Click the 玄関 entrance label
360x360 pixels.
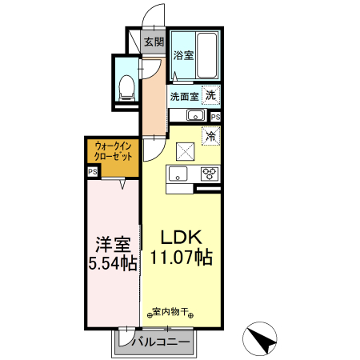point(154,42)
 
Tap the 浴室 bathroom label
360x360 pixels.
point(183,55)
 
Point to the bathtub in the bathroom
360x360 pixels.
point(207,54)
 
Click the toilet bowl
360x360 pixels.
point(126,86)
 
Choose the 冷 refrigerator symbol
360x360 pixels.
point(211,135)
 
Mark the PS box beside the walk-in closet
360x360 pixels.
point(93,171)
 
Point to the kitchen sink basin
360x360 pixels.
point(178,174)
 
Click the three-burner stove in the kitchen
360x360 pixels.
point(210,173)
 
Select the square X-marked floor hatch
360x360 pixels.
point(184,150)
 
